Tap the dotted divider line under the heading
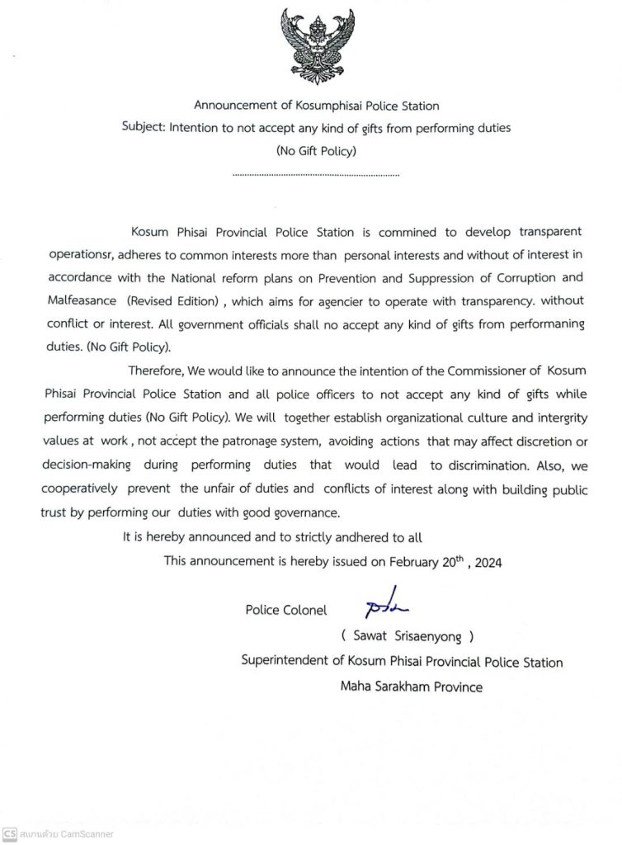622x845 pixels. point(316,176)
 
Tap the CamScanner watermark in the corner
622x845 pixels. point(58,833)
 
